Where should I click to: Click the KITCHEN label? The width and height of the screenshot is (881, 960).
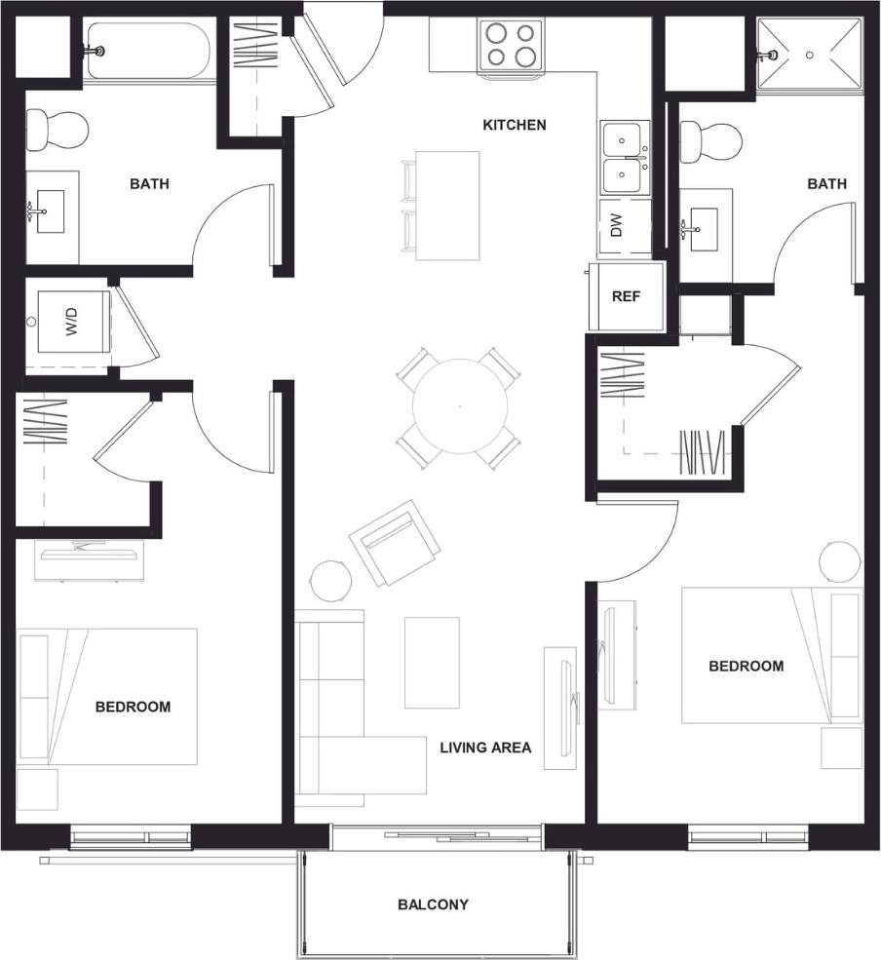point(515,125)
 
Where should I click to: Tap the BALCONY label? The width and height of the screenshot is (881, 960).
point(433,904)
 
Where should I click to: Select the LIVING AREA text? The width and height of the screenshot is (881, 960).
point(485,748)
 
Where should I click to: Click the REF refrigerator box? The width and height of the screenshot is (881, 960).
point(626,296)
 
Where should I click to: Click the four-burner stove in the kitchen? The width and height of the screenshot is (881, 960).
point(512,44)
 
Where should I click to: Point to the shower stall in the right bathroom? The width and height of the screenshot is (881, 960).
point(810,55)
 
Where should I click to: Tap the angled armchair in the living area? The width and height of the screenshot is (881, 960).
point(393,544)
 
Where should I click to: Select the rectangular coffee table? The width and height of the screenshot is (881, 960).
point(432,662)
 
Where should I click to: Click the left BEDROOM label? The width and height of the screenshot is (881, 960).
point(133,707)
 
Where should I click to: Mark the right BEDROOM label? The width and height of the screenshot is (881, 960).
point(746,667)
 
